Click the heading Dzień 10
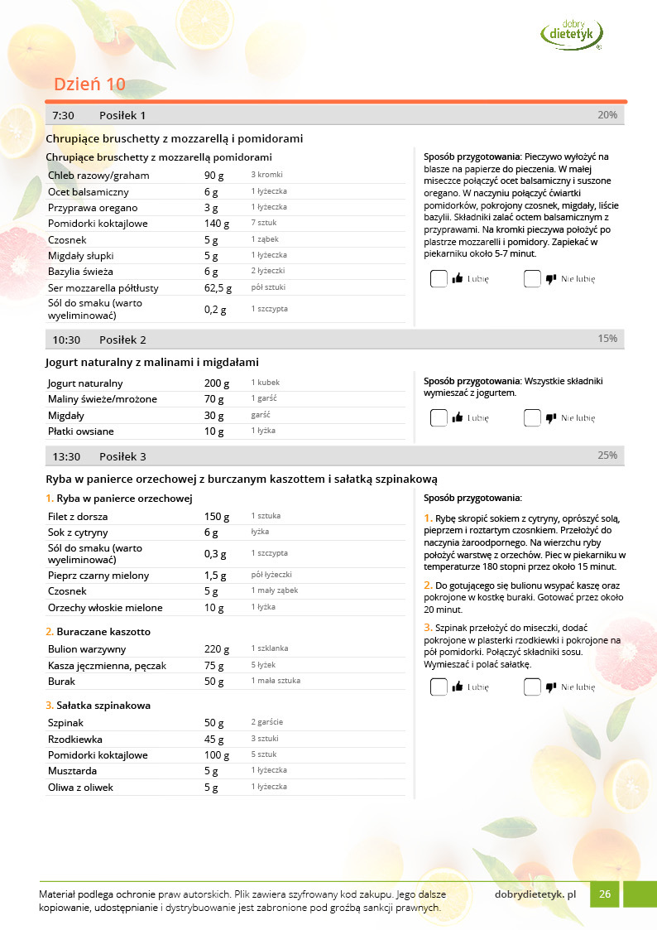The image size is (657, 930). (x=89, y=84)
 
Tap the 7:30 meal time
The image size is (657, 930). (x=64, y=115)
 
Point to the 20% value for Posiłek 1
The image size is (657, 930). (x=607, y=115)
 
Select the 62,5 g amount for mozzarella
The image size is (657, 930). (x=218, y=288)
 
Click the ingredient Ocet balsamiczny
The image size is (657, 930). (x=89, y=191)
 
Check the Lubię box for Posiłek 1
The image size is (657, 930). (x=439, y=279)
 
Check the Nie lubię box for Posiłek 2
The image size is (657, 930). (x=532, y=418)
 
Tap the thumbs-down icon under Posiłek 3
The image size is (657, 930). (x=551, y=687)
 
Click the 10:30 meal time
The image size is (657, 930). (x=66, y=340)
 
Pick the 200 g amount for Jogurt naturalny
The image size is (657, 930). (x=217, y=383)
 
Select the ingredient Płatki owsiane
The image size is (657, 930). (x=81, y=431)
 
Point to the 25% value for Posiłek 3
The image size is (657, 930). (x=607, y=455)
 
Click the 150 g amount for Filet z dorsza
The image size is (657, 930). (x=217, y=516)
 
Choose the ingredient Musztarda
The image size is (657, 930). (x=74, y=772)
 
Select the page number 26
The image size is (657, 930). (x=605, y=894)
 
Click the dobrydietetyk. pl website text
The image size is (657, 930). (x=535, y=894)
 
